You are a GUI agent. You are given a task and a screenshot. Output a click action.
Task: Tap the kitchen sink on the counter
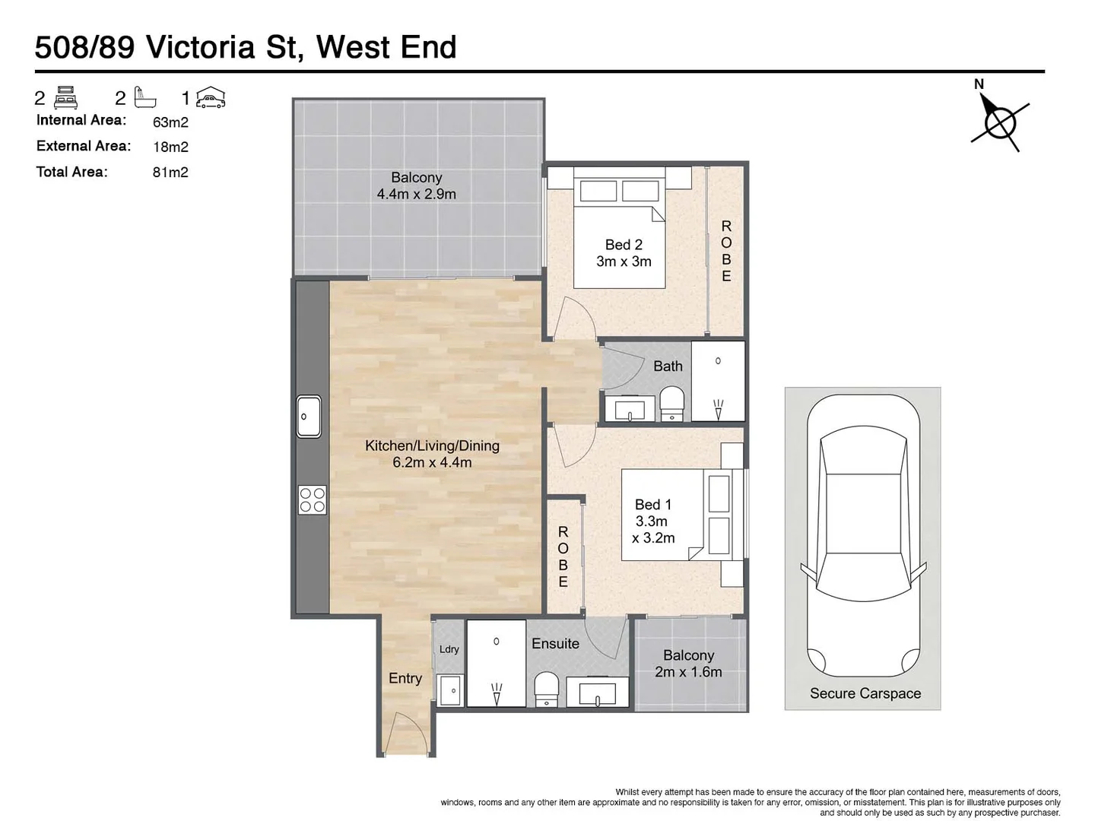click(309, 417)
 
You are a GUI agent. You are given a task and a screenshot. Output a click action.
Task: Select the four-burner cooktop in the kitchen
click(312, 499)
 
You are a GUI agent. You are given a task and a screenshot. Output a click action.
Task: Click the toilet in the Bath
click(671, 403)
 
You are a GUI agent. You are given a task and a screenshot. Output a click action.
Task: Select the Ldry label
click(449, 649)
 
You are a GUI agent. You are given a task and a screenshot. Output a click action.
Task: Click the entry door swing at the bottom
click(404, 735)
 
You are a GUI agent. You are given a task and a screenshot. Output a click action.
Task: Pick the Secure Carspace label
click(865, 693)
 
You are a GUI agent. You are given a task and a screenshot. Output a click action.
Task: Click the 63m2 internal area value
click(170, 122)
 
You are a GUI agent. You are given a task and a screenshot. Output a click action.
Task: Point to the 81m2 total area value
click(170, 173)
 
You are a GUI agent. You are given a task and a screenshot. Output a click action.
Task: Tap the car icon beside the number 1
click(211, 98)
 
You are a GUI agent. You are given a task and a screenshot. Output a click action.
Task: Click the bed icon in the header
click(66, 98)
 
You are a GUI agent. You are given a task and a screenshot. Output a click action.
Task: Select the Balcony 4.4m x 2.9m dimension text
click(416, 195)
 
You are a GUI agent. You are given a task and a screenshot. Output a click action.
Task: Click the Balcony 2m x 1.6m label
click(688, 664)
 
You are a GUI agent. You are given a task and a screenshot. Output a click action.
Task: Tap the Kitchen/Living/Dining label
click(432, 454)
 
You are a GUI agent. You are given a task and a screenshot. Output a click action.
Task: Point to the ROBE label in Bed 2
click(726, 251)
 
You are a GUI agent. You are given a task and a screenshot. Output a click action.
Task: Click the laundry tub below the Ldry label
click(449, 690)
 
